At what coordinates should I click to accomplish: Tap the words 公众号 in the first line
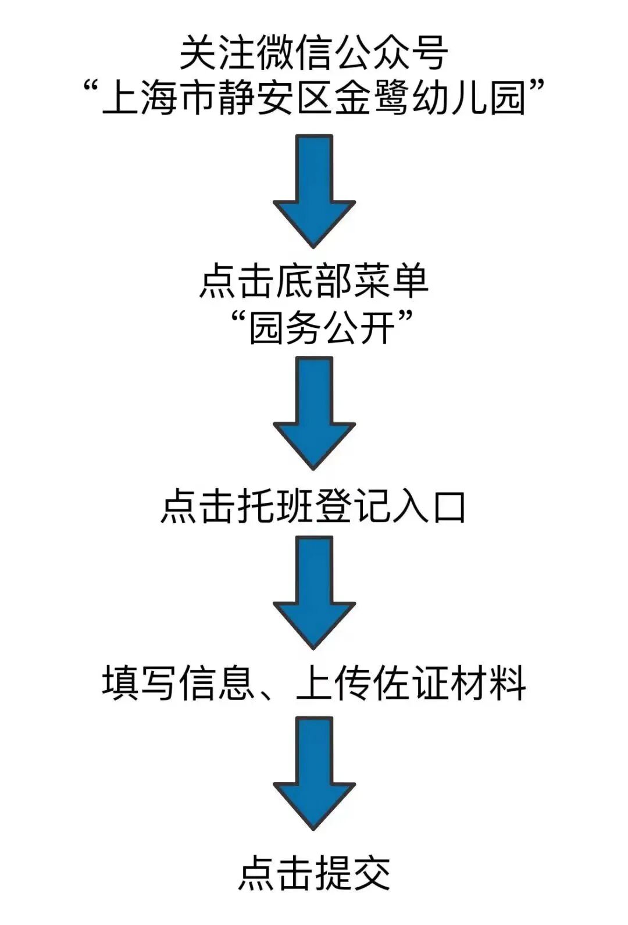pos(390,53)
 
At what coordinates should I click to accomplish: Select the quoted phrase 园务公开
pos(322,328)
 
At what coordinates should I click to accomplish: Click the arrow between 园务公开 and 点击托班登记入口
pos(314,412)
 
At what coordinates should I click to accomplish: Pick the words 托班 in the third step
pos(276,506)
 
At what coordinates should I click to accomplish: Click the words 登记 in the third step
pos(352,506)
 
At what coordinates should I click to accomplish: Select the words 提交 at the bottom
pos(352,872)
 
